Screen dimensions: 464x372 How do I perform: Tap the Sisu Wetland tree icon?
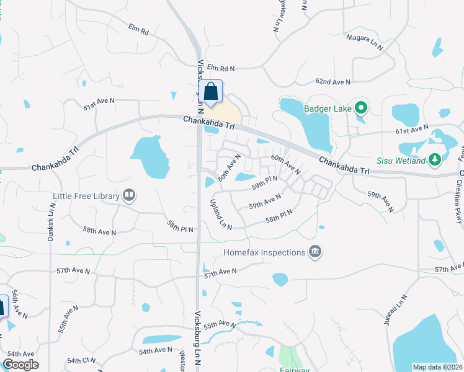point(435,161)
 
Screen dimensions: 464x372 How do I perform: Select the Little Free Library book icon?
point(129,196)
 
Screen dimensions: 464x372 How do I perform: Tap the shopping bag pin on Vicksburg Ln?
point(211,91)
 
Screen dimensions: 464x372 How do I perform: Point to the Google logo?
point(20,365)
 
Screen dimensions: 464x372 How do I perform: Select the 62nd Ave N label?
point(333,82)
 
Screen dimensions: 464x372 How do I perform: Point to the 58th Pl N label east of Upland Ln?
point(279,216)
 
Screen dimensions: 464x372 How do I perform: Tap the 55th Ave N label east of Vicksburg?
point(220,325)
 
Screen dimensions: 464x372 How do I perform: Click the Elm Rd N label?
point(222,68)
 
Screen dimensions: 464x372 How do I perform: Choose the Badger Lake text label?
point(328,109)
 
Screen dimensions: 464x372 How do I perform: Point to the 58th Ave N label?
point(99,231)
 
